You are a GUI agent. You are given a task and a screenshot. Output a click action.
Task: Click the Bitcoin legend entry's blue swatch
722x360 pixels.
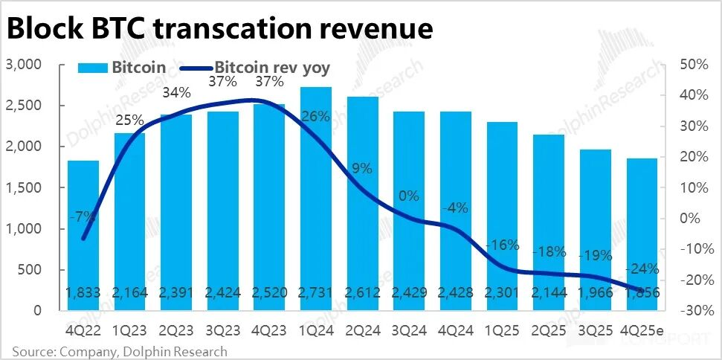pos(92,68)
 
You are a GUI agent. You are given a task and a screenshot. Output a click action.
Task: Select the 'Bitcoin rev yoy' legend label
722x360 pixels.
pos(272,68)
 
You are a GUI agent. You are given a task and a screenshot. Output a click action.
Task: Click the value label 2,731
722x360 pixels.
pos(316,292)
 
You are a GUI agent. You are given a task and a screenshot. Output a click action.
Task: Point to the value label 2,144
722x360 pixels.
pos(549,292)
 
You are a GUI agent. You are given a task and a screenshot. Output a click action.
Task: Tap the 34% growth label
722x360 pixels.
pos(177,93)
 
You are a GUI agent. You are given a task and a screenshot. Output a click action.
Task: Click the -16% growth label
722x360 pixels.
pos(502,245)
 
